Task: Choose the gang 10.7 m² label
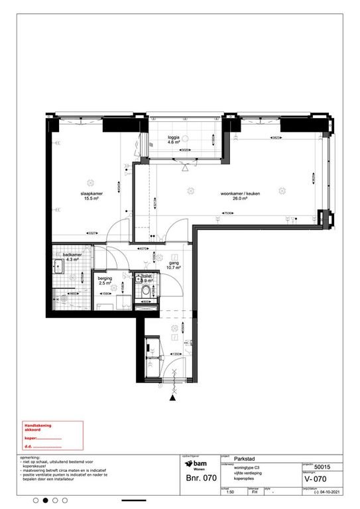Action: (x=174, y=265)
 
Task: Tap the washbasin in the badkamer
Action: (x=58, y=267)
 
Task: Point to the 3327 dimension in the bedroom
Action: (x=93, y=233)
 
